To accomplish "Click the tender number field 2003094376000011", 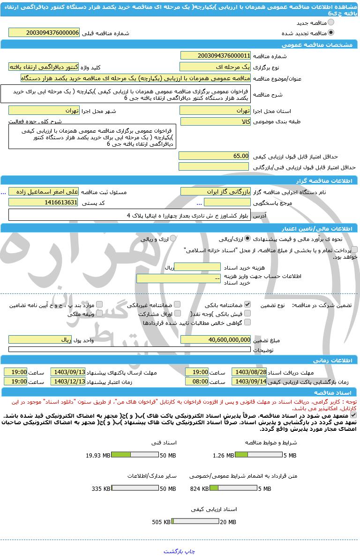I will [x=215, y=56].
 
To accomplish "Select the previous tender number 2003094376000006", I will [x=44, y=33].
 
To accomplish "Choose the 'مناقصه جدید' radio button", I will [x=331, y=23].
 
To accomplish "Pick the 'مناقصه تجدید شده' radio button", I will [x=331, y=33].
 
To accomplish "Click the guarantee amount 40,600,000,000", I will [x=215, y=340].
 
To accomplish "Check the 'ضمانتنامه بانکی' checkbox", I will [x=247, y=305].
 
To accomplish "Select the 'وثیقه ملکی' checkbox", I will [x=99, y=314].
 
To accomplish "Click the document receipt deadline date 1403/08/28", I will [x=249, y=372].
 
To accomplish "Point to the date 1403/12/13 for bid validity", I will [x=68, y=382].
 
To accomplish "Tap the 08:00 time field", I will [x=197, y=382].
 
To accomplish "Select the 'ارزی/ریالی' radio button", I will [x=247, y=239].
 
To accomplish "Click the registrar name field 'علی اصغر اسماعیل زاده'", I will [x=44, y=192].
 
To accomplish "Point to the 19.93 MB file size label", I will [x=98, y=455].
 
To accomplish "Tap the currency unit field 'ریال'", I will [x=40, y=340].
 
